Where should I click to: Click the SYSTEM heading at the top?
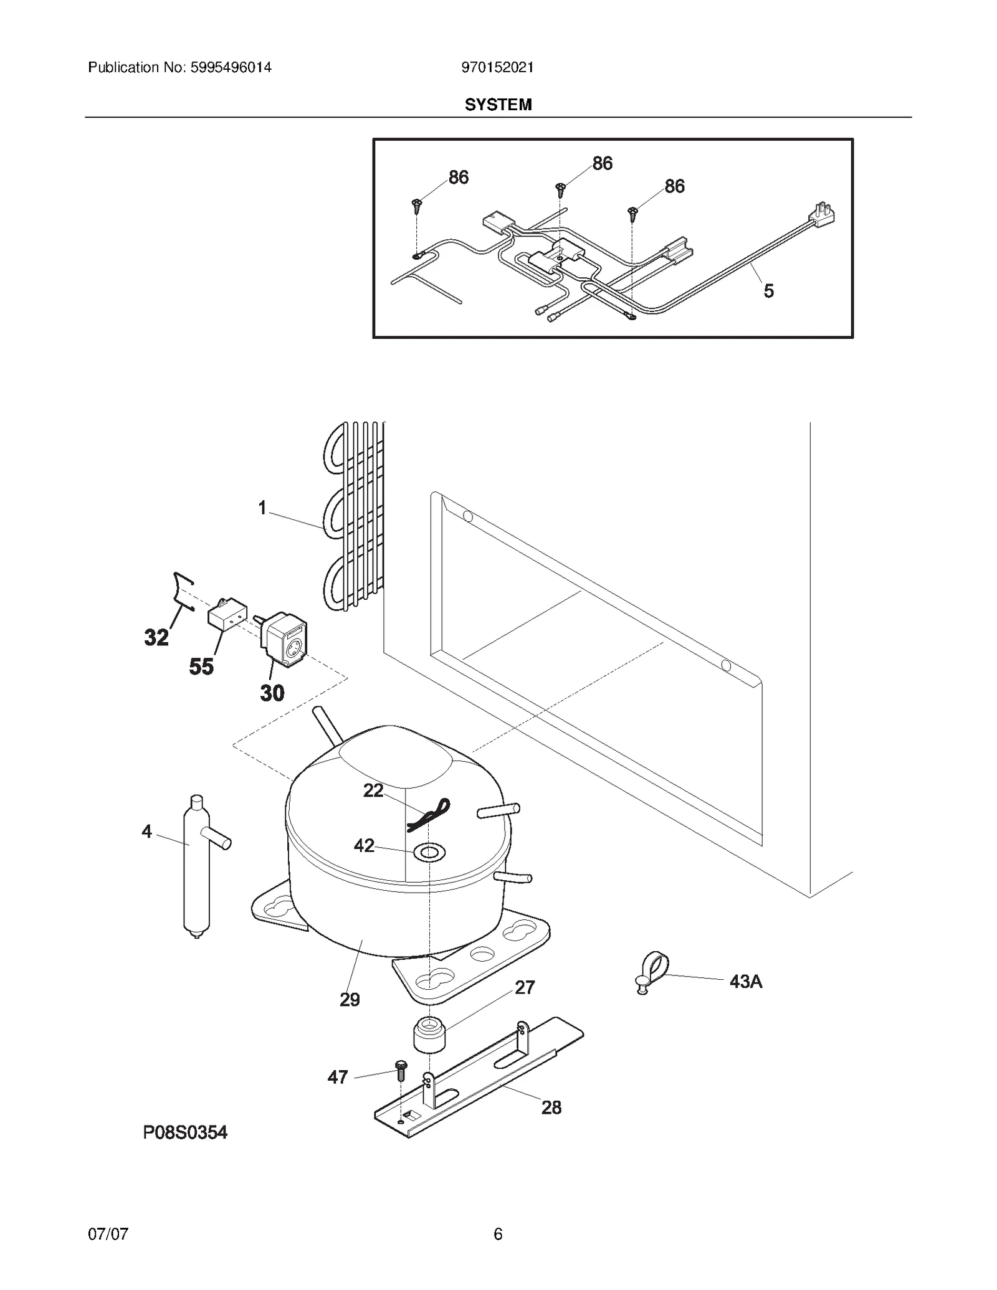(x=498, y=105)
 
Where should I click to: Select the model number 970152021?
(x=497, y=67)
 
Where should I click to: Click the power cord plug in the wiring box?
(x=822, y=214)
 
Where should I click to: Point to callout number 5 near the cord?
(x=768, y=291)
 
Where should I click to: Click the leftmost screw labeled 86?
(x=416, y=205)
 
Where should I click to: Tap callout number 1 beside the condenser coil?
(x=262, y=508)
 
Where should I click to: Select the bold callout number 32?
(x=156, y=637)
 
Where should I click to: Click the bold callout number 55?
(x=201, y=666)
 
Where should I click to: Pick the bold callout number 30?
(x=272, y=693)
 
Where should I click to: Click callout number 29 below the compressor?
(x=350, y=1000)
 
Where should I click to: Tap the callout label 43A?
(x=745, y=982)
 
